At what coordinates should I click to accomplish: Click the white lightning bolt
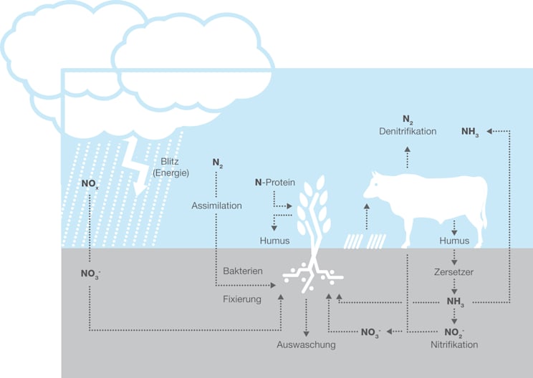pyautogui.click(x=140, y=166)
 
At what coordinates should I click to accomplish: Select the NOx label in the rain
pyautogui.click(x=89, y=184)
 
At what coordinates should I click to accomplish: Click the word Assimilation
pyautogui.click(x=216, y=205)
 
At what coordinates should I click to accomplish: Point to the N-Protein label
pyautogui.click(x=275, y=183)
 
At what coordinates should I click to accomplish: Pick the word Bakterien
pyautogui.click(x=243, y=271)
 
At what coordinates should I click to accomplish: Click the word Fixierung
pyautogui.click(x=242, y=299)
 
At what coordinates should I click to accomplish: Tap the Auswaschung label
pyautogui.click(x=306, y=344)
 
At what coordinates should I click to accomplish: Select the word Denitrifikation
pyautogui.click(x=408, y=131)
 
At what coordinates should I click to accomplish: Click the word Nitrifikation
pyautogui.click(x=454, y=344)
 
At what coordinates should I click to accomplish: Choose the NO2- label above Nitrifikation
pyautogui.click(x=454, y=332)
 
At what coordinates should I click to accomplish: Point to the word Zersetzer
pyautogui.click(x=453, y=272)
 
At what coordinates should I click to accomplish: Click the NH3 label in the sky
pyautogui.click(x=470, y=132)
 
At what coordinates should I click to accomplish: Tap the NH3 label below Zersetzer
pyautogui.click(x=455, y=302)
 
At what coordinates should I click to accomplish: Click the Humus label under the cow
pyautogui.click(x=454, y=241)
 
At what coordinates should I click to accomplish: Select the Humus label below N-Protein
pyautogui.click(x=274, y=241)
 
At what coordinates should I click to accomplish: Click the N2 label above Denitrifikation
pyautogui.click(x=408, y=119)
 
